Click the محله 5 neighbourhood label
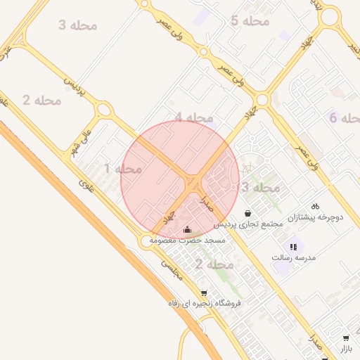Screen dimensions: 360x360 pos(250,21)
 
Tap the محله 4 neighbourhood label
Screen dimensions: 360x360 pos(194,117)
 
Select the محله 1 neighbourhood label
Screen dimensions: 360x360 pos(122,169)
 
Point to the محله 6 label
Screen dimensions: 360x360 pos(344,117)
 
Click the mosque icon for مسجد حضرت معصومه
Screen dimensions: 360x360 pos(187,230)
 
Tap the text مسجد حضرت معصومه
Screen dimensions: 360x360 pos(186,240)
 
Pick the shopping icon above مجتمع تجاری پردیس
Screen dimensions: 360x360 pos(247,213)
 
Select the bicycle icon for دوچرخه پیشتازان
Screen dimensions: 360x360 pos(316,207)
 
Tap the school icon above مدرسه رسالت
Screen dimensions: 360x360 pos(293,247)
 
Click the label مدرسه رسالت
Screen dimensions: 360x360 pos(294,258)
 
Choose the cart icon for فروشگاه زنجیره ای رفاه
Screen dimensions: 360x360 pos(204,292)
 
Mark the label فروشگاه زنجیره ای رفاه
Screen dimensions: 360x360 pos(205,304)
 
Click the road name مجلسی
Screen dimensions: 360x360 pos(172,269)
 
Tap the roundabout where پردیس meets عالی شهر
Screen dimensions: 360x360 pos(105,110)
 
